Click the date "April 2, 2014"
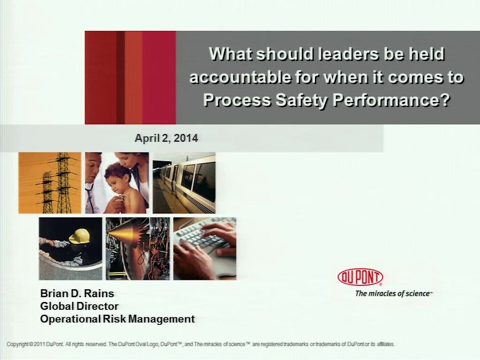click(166, 138)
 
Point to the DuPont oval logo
click(360, 277)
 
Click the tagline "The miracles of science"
click(393, 293)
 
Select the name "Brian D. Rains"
click(77, 293)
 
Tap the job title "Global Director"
click(79, 306)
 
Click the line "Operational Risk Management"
click(118, 319)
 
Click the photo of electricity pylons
click(50, 183)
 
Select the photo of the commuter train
click(184, 183)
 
